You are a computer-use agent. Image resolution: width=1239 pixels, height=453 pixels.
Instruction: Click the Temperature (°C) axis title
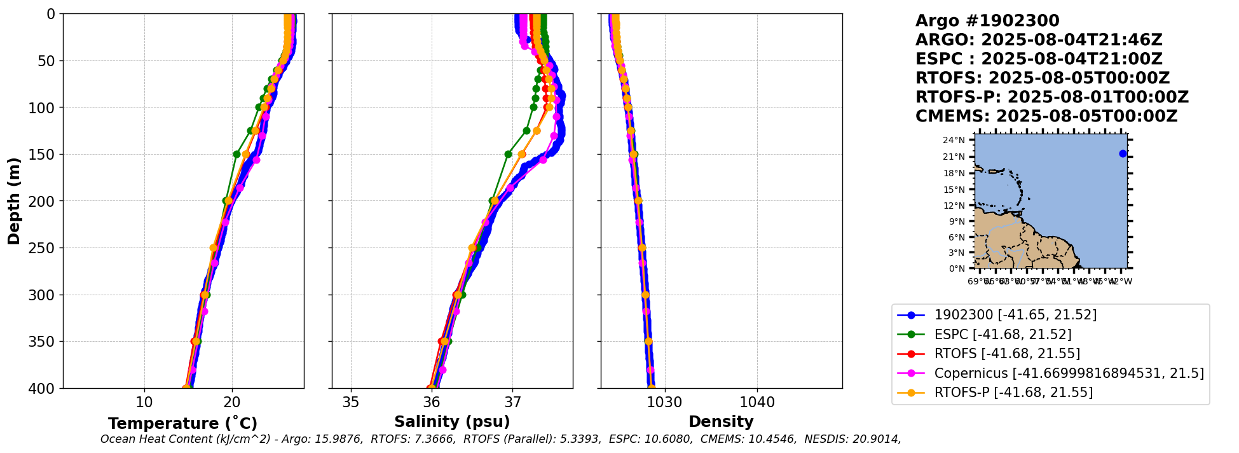click(182, 424)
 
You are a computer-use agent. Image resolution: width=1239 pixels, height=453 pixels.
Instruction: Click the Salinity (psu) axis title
click(452, 422)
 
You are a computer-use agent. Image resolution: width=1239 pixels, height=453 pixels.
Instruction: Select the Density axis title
click(721, 422)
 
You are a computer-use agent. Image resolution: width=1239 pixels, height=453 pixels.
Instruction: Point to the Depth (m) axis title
click(14, 201)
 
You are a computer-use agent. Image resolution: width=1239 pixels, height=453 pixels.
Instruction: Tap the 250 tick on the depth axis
click(46, 248)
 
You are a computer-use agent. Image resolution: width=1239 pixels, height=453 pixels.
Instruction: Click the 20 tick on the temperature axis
click(232, 403)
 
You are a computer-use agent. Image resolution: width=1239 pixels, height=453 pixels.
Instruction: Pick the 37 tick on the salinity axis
click(512, 403)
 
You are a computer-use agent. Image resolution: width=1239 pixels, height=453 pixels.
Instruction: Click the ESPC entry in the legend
click(1003, 335)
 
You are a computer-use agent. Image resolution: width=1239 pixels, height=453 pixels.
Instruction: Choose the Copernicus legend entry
click(1069, 373)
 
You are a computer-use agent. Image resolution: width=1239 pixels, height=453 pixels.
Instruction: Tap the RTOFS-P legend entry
click(1013, 393)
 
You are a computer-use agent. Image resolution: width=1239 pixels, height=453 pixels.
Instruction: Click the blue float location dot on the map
click(1123, 154)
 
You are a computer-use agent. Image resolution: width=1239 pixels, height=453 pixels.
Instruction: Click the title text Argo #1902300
click(987, 21)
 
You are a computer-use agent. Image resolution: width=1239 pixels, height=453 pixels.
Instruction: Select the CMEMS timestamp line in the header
click(1046, 116)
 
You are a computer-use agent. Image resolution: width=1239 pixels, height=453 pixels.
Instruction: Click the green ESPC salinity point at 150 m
click(508, 154)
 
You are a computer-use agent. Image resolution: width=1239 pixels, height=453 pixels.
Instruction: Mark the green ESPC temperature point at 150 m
click(236, 154)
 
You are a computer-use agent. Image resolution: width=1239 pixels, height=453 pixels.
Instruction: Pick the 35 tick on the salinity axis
click(351, 403)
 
